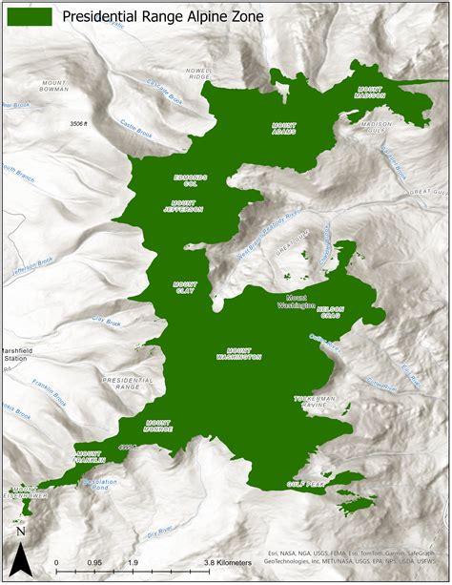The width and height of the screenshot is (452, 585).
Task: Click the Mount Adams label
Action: click(x=284, y=128)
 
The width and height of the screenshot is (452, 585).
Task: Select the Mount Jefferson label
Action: click(x=188, y=206)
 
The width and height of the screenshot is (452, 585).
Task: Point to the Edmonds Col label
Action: click(x=189, y=179)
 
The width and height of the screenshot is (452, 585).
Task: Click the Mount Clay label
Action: click(x=185, y=287)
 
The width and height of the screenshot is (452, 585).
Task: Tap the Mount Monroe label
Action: click(x=158, y=425)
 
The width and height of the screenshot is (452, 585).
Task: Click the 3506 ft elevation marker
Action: click(x=84, y=124)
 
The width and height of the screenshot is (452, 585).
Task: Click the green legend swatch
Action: click(x=31, y=15)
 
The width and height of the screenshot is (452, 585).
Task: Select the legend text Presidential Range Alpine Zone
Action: click(x=162, y=15)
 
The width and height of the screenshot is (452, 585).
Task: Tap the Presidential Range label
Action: click(x=121, y=384)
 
